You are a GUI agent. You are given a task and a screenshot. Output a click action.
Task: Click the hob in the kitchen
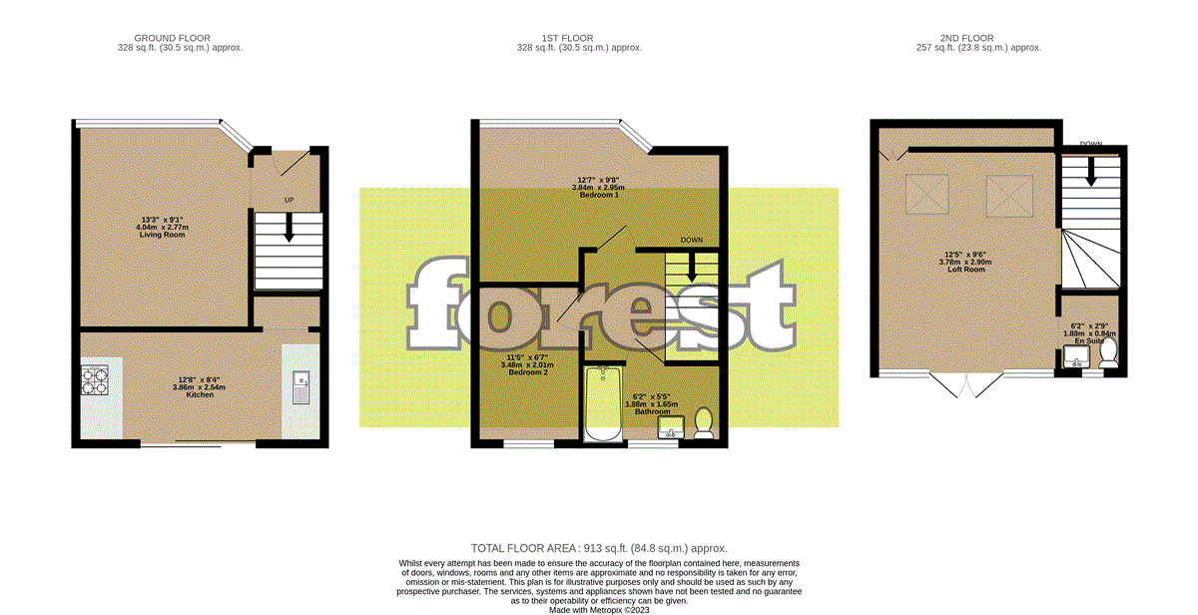[x=94, y=381]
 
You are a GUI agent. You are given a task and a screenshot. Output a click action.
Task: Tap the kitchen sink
[x=301, y=387]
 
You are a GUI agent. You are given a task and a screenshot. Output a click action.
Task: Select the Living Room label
[x=161, y=227]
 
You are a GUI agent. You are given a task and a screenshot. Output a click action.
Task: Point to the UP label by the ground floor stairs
[x=290, y=202]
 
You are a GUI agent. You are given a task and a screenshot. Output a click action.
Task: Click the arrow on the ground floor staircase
[x=290, y=231]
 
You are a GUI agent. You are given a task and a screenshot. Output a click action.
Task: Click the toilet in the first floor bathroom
[x=703, y=422]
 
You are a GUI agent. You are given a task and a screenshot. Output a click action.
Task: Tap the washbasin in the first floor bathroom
[x=671, y=428]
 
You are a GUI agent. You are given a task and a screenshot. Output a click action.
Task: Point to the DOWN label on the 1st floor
[x=692, y=241]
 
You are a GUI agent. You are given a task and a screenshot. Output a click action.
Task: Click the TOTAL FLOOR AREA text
[x=599, y=548]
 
